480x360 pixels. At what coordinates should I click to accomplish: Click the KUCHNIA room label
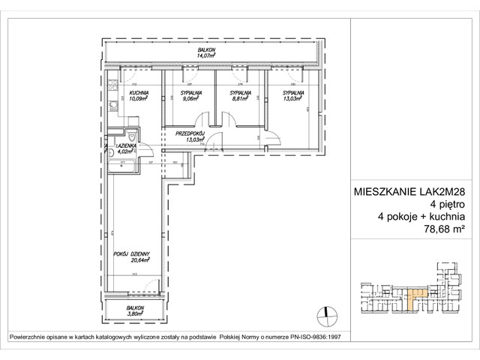click(136, 92)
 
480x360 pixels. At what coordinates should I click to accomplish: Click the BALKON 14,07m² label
click(206, 51)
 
